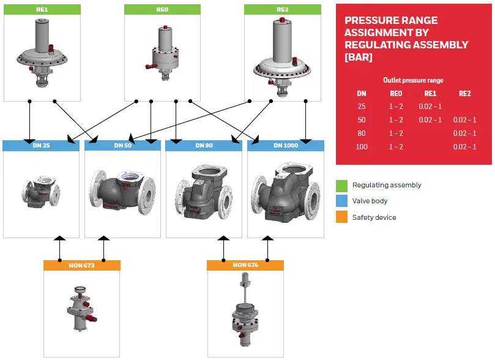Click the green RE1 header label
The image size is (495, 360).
(42, 10)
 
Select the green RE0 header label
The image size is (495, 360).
(162, 10)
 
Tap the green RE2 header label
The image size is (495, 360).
(282, 10)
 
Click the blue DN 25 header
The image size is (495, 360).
(41, 146)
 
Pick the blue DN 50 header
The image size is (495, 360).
(122, 146)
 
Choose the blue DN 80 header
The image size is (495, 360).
(204, 146)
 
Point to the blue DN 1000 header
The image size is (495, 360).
(286, 146)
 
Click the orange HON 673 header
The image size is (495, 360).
(81, 265)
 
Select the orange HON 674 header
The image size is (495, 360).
(245, 265)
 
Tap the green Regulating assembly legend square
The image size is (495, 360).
(341, 185)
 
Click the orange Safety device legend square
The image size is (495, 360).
(341, 217)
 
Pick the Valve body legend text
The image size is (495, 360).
(370, 201)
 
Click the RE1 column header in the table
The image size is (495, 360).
(430, 94)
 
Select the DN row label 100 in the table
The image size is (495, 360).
(362, 146)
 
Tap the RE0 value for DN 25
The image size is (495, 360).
(396, 106)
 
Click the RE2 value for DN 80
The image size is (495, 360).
(464, 133)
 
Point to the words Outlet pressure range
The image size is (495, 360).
(413, 80)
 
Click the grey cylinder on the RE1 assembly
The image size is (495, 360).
(42, 37)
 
